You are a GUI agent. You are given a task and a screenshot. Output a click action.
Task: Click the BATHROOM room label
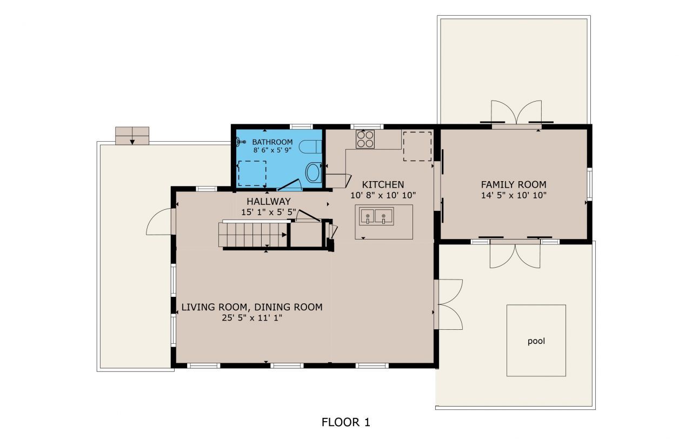[272, 142]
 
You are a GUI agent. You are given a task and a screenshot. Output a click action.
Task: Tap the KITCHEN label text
[383, 184]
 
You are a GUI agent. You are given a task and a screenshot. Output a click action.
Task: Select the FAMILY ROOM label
[514, 184]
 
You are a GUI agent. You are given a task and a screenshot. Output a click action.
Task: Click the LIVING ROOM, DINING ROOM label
[251, 307]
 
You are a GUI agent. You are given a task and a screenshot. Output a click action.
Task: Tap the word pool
[536, 341]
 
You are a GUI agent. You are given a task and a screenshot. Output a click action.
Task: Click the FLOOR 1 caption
[346, 422]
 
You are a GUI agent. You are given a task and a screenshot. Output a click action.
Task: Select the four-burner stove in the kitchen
[365, 139]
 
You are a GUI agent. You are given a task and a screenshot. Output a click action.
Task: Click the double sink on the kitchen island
[375, 217]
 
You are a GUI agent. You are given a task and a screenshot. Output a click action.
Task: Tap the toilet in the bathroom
[311, 147]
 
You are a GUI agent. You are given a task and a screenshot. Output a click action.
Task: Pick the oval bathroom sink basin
[313, 173]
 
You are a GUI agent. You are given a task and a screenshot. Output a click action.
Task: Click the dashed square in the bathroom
[252, 173]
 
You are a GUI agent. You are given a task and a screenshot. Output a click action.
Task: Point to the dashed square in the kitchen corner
[417, 146]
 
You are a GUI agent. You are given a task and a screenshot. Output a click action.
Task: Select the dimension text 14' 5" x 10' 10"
[514, 195]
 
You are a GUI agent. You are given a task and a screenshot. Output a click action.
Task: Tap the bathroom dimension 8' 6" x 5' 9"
[272, 151]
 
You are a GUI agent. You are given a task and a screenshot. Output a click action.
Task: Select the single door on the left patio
[159, 222]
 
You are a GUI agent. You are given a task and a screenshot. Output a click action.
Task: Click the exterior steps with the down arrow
[132, 136]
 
